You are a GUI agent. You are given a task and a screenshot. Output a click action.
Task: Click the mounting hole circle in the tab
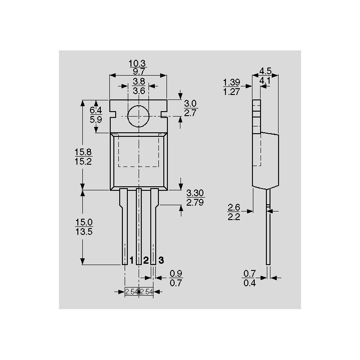click(138, 117)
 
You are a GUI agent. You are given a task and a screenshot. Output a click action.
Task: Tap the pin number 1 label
click(131, 261)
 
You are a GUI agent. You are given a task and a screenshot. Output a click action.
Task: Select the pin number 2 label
click(146, 261)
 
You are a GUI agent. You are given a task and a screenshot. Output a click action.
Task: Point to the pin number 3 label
click(161, 261)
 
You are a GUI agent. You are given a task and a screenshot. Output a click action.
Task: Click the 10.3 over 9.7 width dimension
click(138, 67)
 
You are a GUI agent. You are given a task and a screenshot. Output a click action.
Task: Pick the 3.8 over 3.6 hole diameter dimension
click(139, 86)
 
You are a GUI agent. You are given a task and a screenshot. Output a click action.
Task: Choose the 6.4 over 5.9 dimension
click(96, 115)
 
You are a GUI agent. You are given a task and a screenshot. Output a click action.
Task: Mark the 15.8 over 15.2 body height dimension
click(83, 157)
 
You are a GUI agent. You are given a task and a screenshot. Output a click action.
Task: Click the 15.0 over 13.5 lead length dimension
click(83, 227)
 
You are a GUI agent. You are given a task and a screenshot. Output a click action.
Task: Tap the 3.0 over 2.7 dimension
click(191, 108)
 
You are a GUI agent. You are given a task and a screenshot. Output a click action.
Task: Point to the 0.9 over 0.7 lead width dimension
click(176, 278)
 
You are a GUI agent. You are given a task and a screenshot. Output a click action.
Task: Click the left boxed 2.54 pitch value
click(131, 292)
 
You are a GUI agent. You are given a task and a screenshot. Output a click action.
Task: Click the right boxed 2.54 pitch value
click(147, 292)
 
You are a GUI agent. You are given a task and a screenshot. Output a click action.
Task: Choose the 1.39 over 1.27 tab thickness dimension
click(232, 87)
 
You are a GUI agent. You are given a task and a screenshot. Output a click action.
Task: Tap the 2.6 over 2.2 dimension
click(234, 212)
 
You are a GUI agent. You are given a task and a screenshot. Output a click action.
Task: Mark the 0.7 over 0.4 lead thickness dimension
click(249, 278)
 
